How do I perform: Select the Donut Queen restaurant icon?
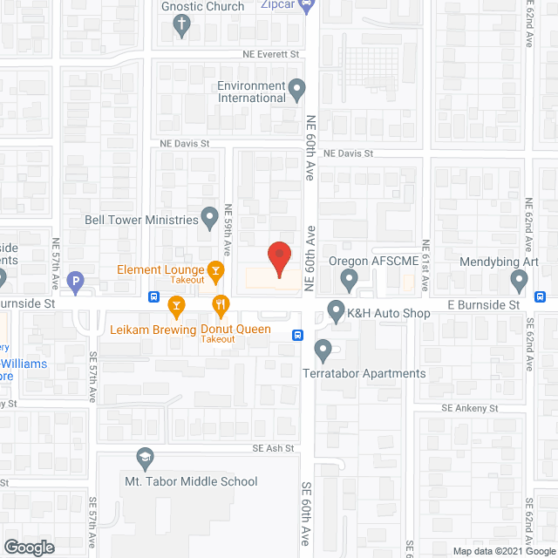221,304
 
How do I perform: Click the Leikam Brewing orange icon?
177,304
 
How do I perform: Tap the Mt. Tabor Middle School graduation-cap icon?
146,458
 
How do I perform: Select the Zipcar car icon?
307,5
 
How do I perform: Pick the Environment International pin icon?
297,88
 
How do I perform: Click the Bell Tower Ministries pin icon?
209,215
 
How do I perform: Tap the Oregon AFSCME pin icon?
350,281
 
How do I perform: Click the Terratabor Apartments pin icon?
323,351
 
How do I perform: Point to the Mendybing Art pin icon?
520,281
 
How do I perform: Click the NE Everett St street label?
269,54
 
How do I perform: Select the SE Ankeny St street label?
468,408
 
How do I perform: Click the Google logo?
29,548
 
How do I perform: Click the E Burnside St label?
483,304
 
